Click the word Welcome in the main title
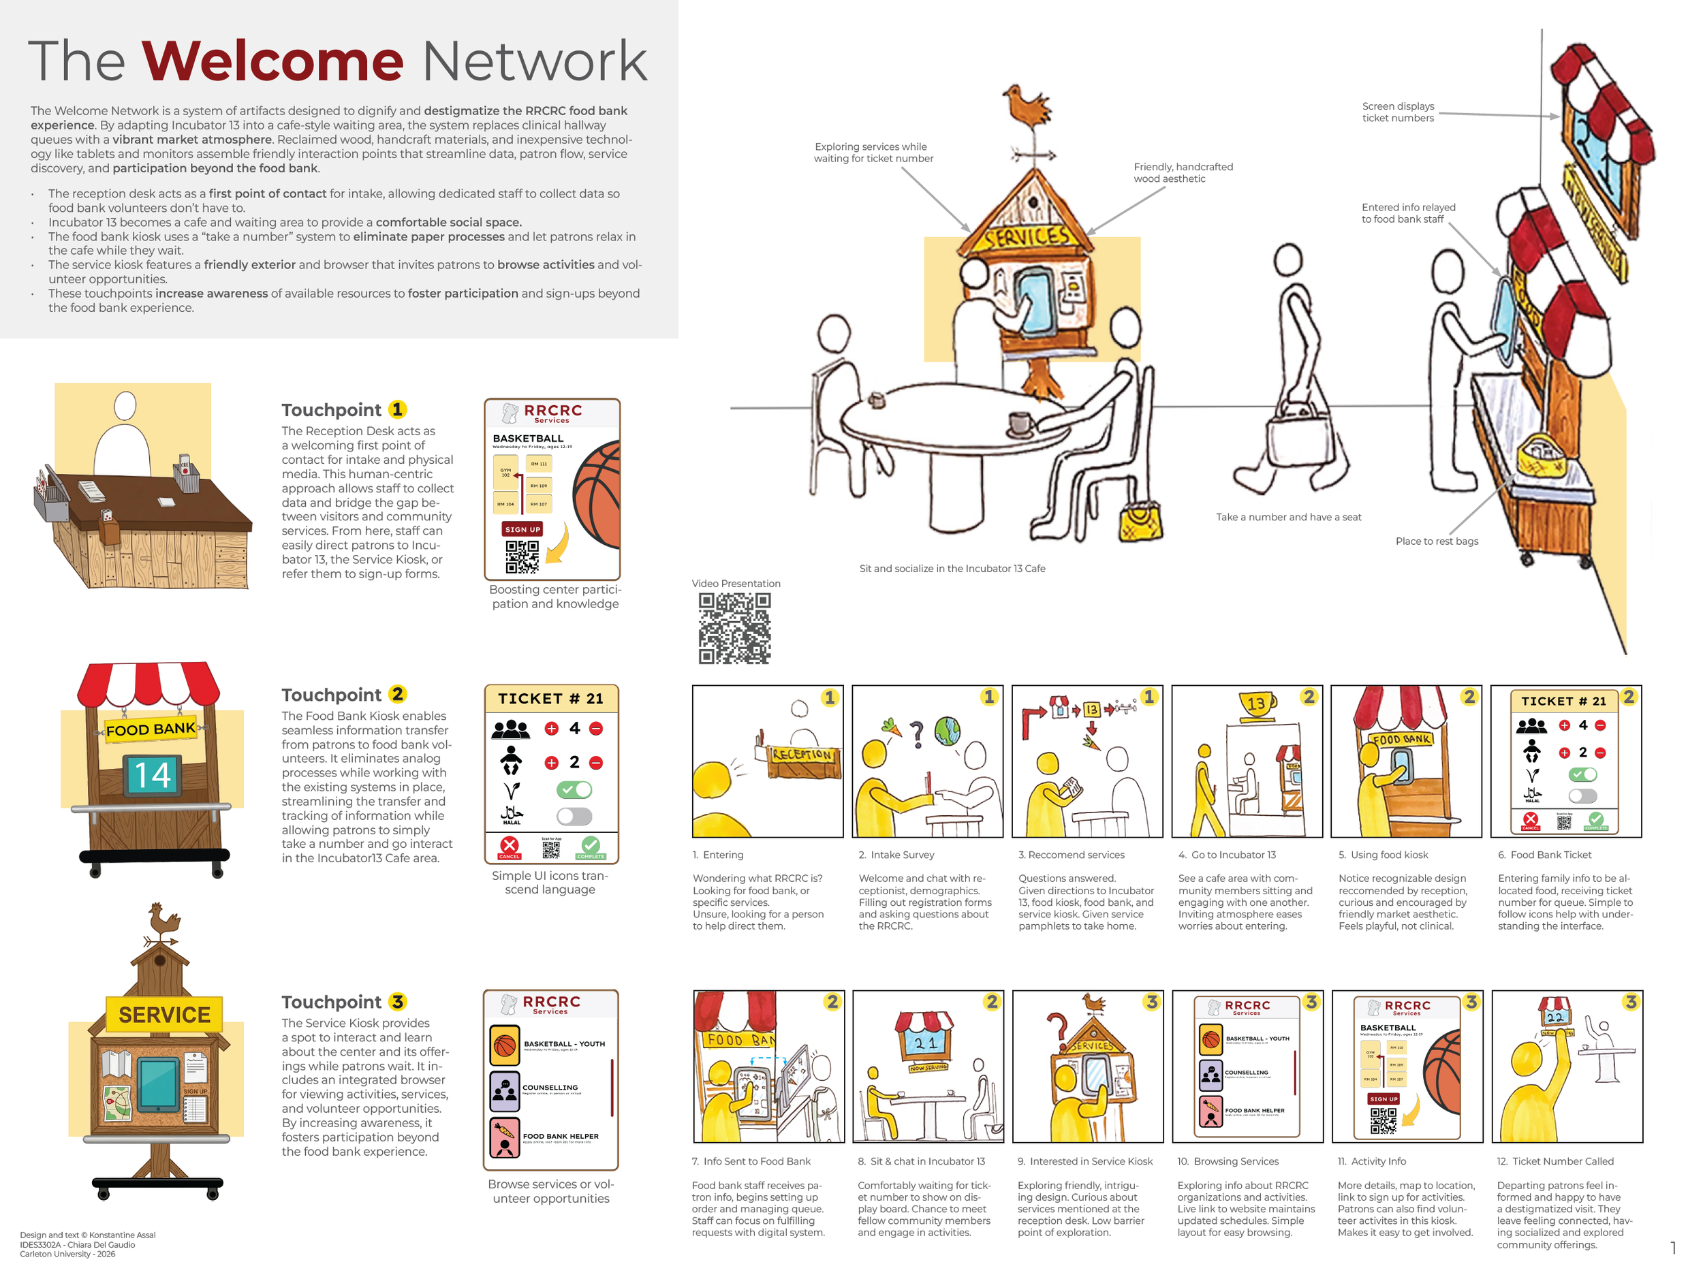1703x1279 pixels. (272, 61)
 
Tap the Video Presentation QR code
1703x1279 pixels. (734, 628)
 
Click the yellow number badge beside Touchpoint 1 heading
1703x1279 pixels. (397, 409)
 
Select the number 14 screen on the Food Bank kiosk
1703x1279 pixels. (153, 774)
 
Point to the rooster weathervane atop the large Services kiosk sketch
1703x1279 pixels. (1027, 108)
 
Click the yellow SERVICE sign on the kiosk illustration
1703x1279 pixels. (164, 1014)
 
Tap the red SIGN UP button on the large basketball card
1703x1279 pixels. (522, 529)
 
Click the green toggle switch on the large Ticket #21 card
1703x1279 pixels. (574, 789)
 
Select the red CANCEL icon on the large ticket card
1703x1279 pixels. (510, 847)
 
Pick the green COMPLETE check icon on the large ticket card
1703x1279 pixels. (591, 847)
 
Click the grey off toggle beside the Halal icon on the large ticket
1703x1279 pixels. (574, 816)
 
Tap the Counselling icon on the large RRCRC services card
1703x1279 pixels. (505, 1090)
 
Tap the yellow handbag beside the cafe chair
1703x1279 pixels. (1140, 523)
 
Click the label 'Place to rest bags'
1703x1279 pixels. (1437, 541)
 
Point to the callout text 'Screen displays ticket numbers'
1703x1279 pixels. (1397, 112)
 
